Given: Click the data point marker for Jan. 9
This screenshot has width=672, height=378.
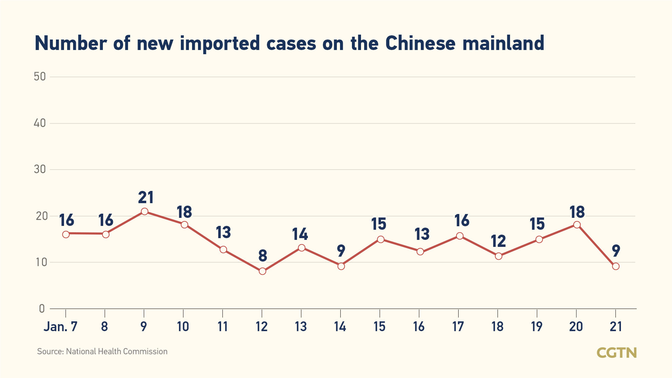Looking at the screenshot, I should coord(144,211).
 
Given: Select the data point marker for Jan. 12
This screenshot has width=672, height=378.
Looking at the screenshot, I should coord(262,271).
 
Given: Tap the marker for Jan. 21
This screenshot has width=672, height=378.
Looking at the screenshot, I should coord(616,266).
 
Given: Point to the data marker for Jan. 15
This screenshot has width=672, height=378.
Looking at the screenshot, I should coord(381,239).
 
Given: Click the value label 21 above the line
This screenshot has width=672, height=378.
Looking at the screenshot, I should coord(146,198).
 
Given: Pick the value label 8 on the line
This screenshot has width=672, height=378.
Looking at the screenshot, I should coord(263,256).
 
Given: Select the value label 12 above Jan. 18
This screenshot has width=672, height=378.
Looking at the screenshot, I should coord(498,241).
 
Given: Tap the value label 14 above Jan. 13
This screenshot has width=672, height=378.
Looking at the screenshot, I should coord(300,234).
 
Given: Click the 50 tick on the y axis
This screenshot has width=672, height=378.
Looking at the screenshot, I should coord(40,77).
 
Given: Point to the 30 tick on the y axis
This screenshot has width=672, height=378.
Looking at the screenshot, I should coord(40,169).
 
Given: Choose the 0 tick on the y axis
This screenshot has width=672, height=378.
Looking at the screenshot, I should coord(42,308).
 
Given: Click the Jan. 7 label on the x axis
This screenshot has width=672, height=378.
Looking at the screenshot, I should coord(61,327).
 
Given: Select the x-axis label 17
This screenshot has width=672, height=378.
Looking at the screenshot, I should coord(458,327).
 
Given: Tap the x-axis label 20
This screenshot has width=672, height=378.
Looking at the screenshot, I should coord(576,327).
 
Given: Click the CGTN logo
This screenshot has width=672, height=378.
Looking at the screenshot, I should coord(616,352).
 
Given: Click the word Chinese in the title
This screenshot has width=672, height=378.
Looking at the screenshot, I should coord(420,43).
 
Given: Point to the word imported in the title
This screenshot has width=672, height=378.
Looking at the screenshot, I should coord(220,43).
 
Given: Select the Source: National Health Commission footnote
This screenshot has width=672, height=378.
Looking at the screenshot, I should coord(102,351).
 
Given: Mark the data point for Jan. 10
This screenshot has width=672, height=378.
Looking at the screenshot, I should coord(184,224).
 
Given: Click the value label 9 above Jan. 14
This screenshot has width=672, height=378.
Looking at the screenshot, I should coord(341,251).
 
